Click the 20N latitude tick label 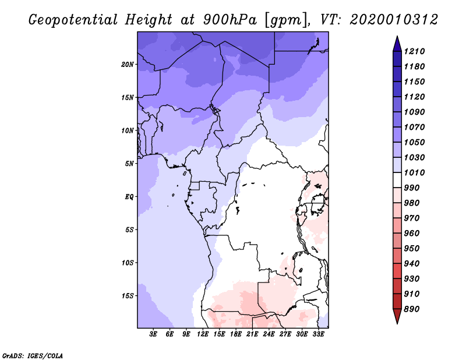[128, 65]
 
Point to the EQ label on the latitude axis [129, 197]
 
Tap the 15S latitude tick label [128, 296]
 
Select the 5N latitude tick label [129, 164]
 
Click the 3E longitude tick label [153, 334]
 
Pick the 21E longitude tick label [252, 334]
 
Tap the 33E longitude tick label [318, 334]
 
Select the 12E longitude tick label [202, 334]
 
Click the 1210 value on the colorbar [414, 51]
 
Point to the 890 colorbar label [412, 309]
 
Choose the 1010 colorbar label [414, 172]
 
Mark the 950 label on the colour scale [412, 249]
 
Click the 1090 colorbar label [414, 112]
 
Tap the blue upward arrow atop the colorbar [397, 44]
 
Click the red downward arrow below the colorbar [397, 316]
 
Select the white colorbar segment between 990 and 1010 [397, 180]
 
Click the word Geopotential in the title [73, 20]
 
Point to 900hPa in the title [230, 20]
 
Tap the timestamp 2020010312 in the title [394, 20]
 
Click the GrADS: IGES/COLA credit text [33, 355]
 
